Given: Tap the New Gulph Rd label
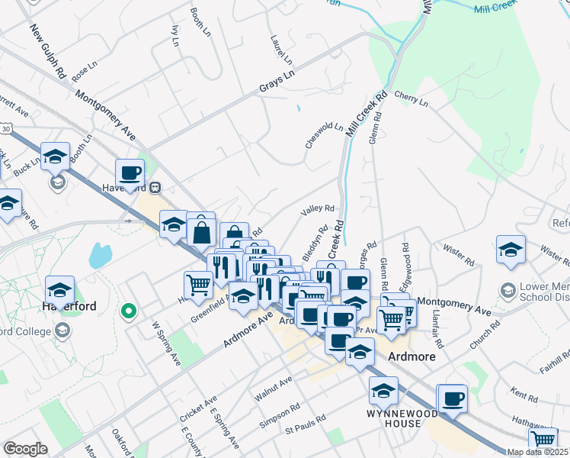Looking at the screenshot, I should (47, 53).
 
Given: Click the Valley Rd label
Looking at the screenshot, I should (319, 208).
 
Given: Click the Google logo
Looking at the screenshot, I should (25, 449).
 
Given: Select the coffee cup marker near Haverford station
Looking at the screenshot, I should (130, 173).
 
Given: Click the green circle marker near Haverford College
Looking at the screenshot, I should (129, 311).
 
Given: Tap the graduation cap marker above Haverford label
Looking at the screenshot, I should (59, 290).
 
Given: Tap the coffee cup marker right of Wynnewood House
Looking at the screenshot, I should (453, 398).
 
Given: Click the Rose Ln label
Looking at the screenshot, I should (85, 73).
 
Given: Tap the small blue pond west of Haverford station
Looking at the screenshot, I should (101, 255).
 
